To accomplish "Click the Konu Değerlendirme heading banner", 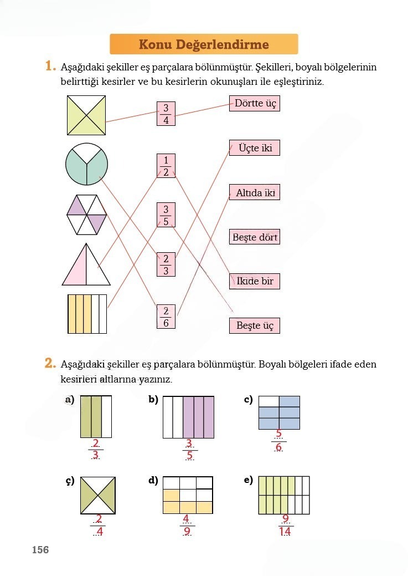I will tap(204, 44).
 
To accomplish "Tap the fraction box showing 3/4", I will tap(166, 114).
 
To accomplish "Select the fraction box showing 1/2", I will tap(166, 166).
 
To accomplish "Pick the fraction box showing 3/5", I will tap(166, 215).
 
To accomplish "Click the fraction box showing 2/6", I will tap(166, 317).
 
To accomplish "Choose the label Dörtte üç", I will tap(255, 104).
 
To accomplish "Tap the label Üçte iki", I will tap(255, 148).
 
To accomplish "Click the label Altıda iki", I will tap(255, 193).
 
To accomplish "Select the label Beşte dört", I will tap(255, 237).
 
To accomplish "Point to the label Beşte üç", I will tap(255, 326).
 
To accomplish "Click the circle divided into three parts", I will tap(86, 165).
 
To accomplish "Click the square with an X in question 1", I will tap(86, 115).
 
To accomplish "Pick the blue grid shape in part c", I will tap(279, 412).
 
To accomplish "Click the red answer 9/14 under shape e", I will tap(286, 526).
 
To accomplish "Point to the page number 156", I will tap(40, 550).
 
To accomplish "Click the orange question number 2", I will tap(50, 364).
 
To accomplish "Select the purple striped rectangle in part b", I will tap(188, 417).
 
